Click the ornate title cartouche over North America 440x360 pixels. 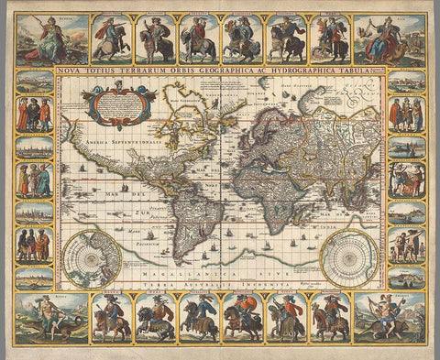point(118,104)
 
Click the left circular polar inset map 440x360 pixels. point(91,259)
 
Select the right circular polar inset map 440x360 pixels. point(349,259)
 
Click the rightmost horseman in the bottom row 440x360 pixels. point(331,318)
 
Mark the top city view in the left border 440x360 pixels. point(35,82)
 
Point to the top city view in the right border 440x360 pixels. point(405,82)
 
